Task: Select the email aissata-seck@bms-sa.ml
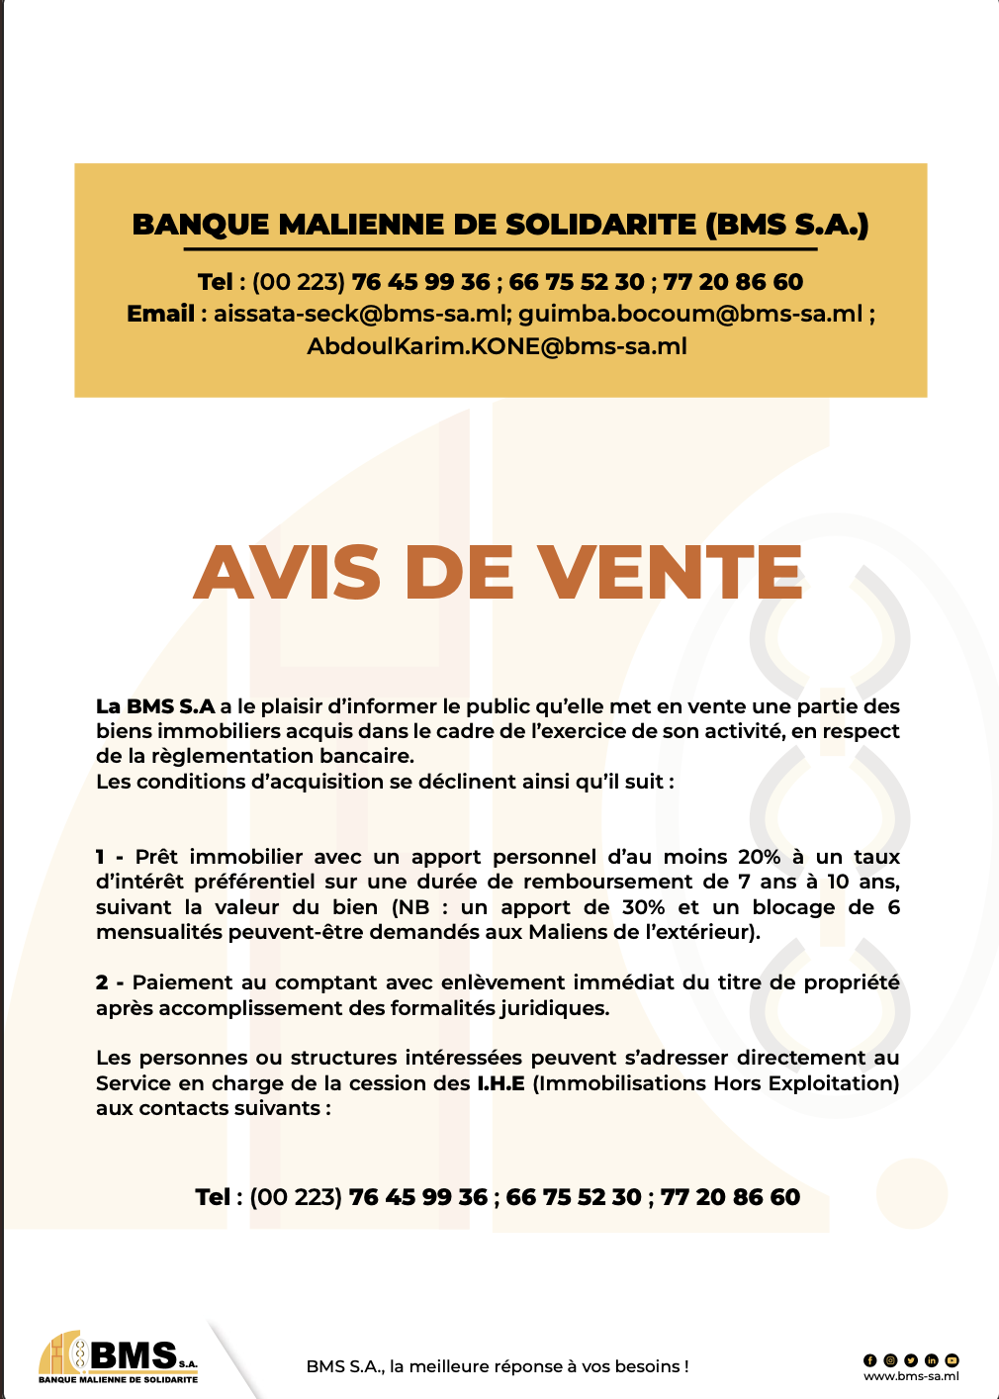coord(360,314)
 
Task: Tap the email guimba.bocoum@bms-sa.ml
coord(690,314)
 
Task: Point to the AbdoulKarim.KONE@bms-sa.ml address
coord(497,346)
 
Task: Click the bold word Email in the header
coord(160,314)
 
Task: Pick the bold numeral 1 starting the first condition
coord(100,857)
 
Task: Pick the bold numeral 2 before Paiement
coord(102,982)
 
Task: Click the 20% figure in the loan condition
coord(759,857)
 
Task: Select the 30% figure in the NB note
coord(643,907)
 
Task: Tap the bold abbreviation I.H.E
coord(500,1083)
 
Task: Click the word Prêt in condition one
coord(156,857)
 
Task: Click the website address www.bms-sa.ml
coord(911,1375)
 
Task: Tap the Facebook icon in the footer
coord(870,1360)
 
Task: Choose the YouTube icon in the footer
coord(952,1360)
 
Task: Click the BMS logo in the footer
coord(119,1355)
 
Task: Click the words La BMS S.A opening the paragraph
coord(155,706)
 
